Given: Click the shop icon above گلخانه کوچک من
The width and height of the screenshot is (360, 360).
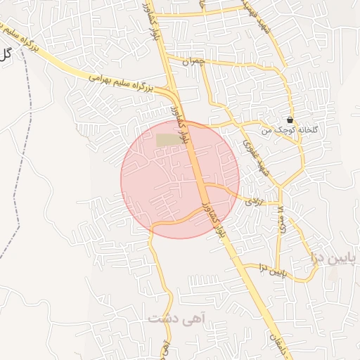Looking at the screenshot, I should [290, 120].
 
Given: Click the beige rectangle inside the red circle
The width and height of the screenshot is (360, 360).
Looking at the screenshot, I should [167, 140].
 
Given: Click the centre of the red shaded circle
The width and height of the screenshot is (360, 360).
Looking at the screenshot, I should [180, 179].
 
